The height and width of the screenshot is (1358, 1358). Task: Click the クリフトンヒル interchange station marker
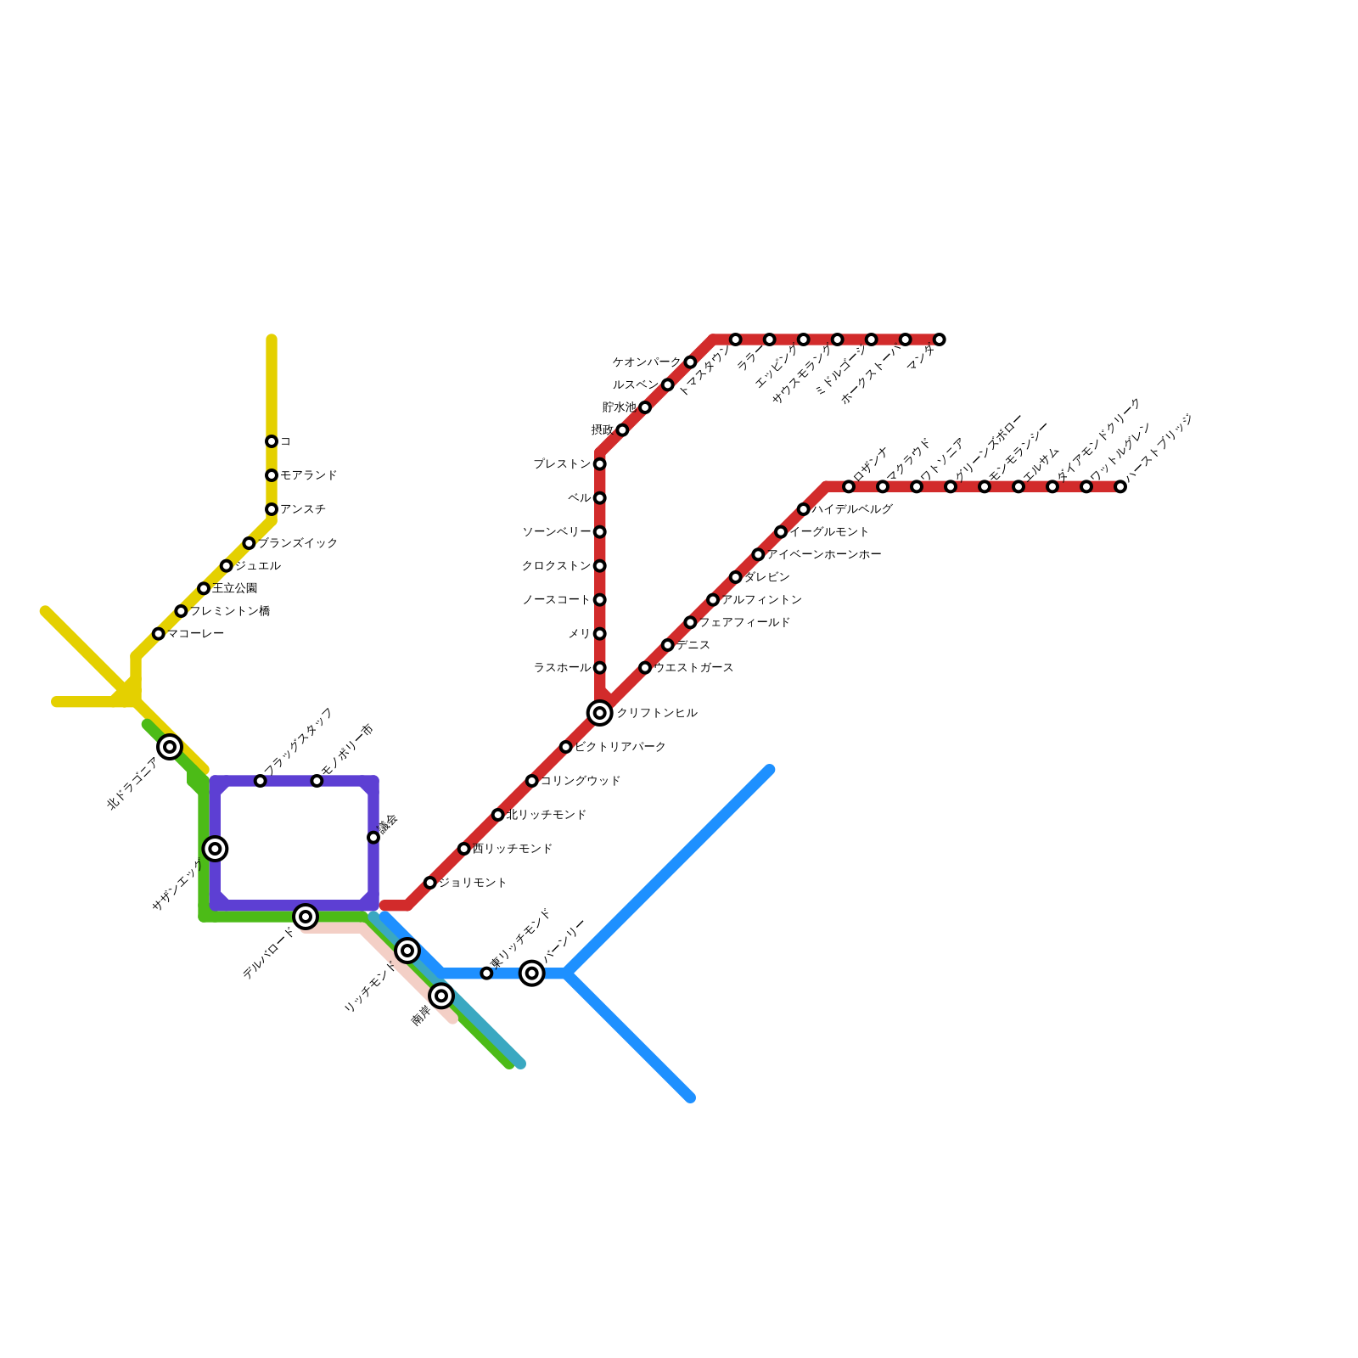coord(600,713)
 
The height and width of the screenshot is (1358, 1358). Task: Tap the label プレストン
coord(562,464)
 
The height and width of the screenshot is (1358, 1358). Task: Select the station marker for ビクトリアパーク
coord(566,747)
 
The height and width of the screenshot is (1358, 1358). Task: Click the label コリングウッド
coord(581,781)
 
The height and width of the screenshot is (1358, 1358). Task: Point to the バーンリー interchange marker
coord(532,973)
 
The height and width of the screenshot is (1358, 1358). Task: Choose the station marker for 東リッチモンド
coord(486,974)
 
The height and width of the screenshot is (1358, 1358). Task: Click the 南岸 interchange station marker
coord(441,996)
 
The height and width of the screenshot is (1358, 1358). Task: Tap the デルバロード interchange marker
coord(306,917)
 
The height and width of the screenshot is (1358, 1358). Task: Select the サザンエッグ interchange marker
coord(216,848)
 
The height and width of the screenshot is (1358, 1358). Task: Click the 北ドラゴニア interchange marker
coord(170,747)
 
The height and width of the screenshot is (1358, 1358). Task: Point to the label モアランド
coord(309,475)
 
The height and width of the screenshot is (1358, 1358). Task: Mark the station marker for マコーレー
coord(159,634)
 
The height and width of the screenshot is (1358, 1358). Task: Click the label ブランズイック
coord(298,543)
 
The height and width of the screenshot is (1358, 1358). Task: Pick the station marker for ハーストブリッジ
coord(1120,486)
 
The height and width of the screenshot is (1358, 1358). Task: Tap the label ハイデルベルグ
coord(852,509)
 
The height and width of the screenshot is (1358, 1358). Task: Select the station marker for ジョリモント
coord(430,883)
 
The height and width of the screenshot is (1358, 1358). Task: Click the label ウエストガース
coord(693,668)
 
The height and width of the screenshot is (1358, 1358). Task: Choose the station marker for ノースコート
coord(600,600)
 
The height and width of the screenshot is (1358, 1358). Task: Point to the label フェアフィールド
coord(744,623)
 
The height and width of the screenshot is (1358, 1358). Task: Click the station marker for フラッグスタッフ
coord(261,781)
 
